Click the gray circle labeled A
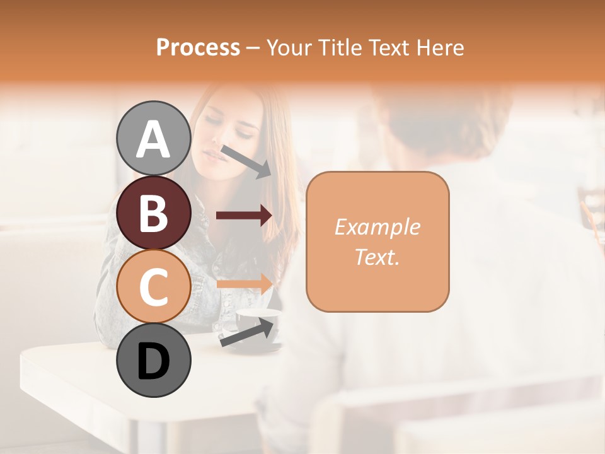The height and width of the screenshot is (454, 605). [x=153, y=138]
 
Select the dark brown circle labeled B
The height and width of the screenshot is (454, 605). [x=153, y=212]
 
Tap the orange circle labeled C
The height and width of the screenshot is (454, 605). [x=153, y=286]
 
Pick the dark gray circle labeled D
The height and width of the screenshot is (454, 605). [x=153, y=361]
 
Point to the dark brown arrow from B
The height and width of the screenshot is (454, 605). [x=244, y=216]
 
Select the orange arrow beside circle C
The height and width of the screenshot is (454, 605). [x=244, y=283]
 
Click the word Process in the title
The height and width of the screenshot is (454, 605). [x=198, y=48]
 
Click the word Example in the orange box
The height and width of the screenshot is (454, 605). [x=377, y=227]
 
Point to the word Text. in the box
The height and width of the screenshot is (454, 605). [x=377, y=257]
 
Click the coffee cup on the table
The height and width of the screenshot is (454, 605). [x=255, y=325]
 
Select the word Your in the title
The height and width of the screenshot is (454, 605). [x=290, y=48]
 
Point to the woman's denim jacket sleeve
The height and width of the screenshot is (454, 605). [x=110, y=303]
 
